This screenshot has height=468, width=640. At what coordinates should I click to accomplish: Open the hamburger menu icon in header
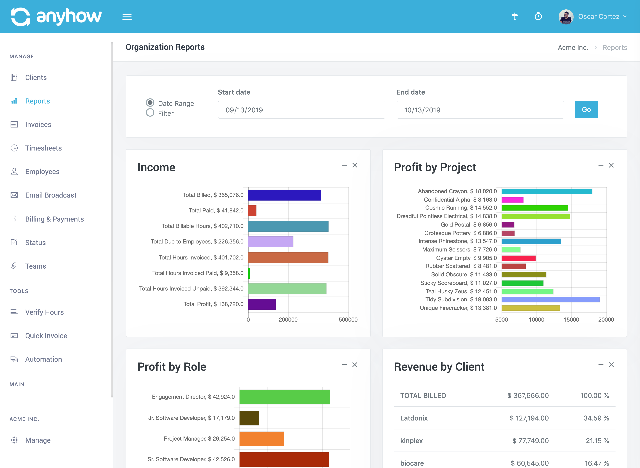[127, 17]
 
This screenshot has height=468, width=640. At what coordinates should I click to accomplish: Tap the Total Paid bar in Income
[252, 211]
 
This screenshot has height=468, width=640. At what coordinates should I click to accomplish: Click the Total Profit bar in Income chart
[262, 304]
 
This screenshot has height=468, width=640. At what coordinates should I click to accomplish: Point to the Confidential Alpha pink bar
[512, 200]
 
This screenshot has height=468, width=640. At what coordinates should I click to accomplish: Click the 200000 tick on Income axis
[288, 320]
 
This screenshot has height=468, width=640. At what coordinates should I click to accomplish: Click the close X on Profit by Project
[611, 165]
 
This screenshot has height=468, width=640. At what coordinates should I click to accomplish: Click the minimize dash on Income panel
[344, 165]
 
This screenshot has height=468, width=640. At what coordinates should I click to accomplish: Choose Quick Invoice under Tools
[46, 336]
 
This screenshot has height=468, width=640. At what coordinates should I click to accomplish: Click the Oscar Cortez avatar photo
[566, 17]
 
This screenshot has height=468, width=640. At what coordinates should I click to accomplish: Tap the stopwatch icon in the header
[538, 16]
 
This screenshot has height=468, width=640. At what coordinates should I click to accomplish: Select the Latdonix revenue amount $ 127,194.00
[529, 418]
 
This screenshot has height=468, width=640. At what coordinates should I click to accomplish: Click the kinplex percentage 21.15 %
[597, 441]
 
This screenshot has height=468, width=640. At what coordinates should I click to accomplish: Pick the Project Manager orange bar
[261, 439]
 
